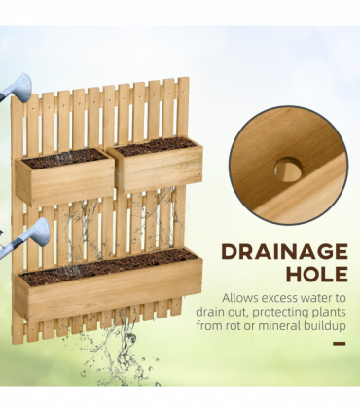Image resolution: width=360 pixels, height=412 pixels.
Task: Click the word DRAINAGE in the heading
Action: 284,251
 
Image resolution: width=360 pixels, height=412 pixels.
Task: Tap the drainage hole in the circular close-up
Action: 287,169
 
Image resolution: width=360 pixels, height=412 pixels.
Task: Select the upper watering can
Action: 16,86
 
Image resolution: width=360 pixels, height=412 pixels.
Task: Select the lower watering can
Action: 23,238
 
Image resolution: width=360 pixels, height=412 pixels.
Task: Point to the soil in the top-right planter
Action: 156,145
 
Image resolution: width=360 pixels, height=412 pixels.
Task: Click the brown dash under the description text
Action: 340,342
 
